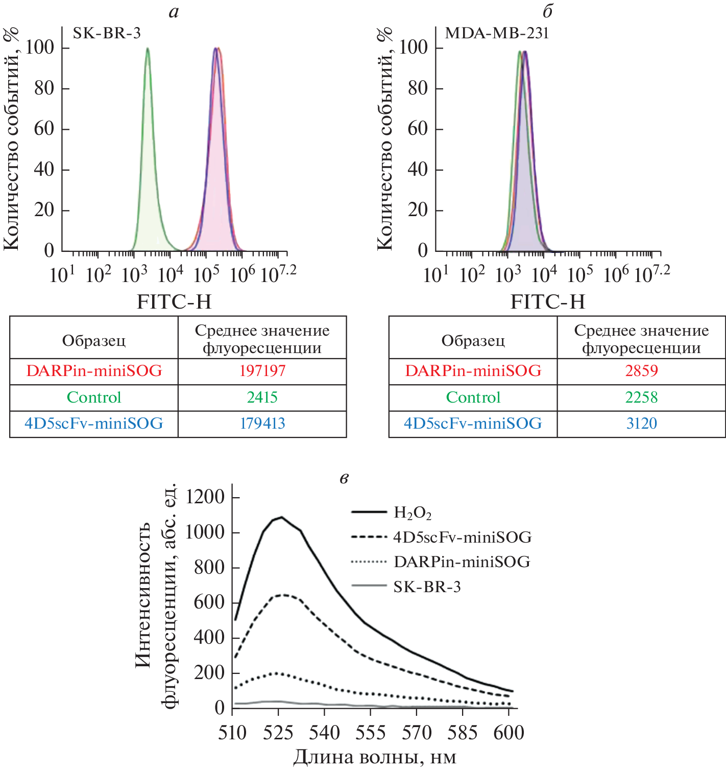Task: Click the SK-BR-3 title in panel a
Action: pos(107,33)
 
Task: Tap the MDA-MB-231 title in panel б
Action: pos(497,33)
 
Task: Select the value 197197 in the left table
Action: pos(262,371)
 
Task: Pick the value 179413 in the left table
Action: pos(262,424)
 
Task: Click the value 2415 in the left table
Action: pos(262,398)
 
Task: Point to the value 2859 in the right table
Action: pos(641,371)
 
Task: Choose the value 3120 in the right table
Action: pos(641,424)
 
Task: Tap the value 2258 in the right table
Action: pos(641,398)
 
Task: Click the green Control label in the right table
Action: pos(473,398)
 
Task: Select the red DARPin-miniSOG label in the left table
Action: pos(94,371)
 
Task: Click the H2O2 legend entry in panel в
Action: pos(413,512)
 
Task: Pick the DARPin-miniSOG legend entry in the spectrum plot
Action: pos(462,562)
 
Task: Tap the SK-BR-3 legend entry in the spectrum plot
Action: pos(427,587)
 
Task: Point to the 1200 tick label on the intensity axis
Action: pos(205,497)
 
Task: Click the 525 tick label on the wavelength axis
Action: pos(278,733)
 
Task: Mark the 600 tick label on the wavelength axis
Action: pos(509,733)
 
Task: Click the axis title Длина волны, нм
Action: pos(375,757)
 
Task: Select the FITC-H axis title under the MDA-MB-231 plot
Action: pos(548,302)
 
